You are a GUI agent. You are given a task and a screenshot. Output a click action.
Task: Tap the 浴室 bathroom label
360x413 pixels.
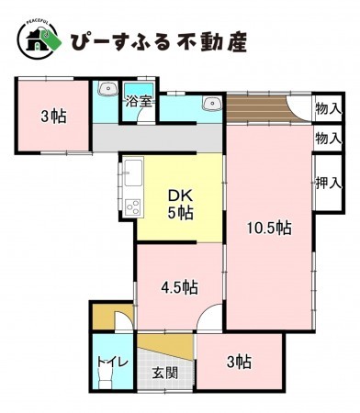(140, 101)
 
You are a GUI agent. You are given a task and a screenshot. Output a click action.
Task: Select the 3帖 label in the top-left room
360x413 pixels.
(51, 117)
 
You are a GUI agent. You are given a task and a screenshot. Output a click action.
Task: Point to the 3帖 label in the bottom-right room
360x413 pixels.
(240, 362)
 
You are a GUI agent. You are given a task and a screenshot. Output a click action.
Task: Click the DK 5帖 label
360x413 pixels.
(179, 204)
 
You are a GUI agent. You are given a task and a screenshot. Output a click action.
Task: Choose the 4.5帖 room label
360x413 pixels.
(179, 287)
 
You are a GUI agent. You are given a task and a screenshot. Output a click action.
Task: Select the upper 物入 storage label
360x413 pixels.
(328, 108)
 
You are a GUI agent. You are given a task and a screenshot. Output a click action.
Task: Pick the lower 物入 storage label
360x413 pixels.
(328, 139)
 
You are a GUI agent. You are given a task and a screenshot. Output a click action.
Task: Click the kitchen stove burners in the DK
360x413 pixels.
(131, 205)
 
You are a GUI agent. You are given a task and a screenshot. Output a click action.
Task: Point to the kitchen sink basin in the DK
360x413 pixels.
(131, 171)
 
